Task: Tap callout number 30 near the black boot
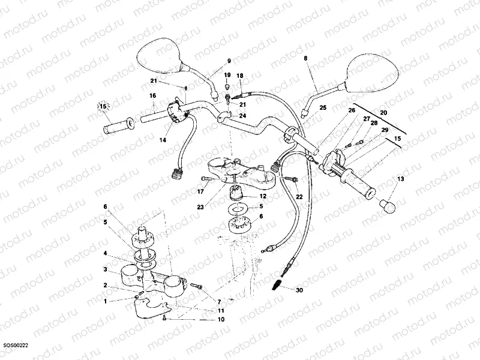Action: (299, 289)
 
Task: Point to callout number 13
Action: (401, 179)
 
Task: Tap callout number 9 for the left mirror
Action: (229, 61)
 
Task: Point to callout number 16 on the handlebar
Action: (153, 95)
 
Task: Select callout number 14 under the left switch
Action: (162, 140)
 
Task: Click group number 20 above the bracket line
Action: (384, 112)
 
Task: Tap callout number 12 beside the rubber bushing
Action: (263, 196)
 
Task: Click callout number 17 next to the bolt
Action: (200, 192)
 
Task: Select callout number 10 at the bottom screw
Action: (221, 320)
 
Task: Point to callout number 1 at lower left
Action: (105, 301)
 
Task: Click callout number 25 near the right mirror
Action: (322, 108)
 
